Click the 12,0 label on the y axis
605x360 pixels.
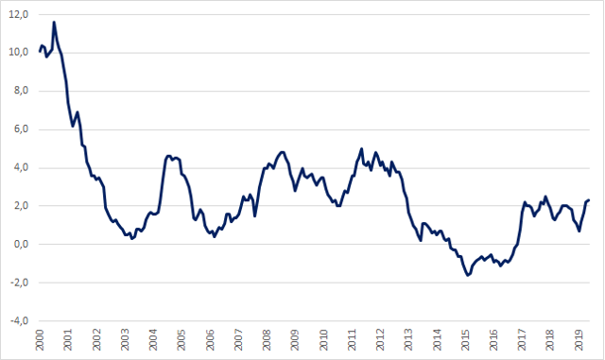point(19,15)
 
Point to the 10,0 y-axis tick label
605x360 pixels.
point(19,53)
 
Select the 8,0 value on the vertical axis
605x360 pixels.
point(21,91)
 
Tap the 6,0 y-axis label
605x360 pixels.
point(21,129)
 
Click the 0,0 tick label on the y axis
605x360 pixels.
point(21,244)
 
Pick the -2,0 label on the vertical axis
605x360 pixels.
point(19,283)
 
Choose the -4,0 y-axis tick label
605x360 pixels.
point(19,320)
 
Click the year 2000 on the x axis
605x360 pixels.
point(40,339)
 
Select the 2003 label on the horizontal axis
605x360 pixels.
point(125,339)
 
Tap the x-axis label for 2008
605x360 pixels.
point(267,339)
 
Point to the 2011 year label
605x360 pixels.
point(352,339)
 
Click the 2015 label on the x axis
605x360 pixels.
point(465,339)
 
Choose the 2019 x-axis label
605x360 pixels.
point(579,339)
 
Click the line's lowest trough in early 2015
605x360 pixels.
point(468,275)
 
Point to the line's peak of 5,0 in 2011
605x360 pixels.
point(361,148)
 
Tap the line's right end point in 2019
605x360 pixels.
point(589,200)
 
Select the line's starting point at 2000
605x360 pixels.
point(40,51)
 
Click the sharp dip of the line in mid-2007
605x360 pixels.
point(255,215)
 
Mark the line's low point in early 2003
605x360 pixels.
point(132,238)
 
